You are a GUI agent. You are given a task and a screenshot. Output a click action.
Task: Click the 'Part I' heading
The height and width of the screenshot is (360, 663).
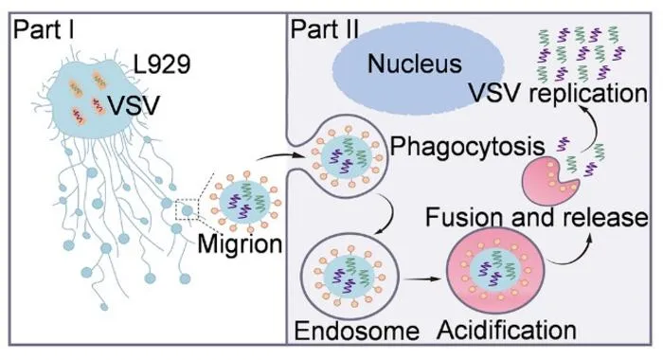(x=44, y=30)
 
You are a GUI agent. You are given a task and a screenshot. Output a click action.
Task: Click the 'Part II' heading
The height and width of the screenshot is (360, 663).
(x=324, y=30)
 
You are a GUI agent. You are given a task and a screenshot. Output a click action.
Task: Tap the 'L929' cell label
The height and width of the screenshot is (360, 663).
(x=162, y=64)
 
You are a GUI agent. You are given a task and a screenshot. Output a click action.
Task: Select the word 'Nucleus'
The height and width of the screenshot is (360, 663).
(x=415, y=63)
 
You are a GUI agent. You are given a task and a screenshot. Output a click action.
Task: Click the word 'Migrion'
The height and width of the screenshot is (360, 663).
(x=240, y=244)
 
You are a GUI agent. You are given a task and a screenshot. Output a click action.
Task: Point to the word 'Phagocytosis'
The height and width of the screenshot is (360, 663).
(x=467, y=147)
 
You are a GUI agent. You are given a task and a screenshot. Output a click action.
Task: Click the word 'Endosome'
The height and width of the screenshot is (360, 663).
(x=356, y=331)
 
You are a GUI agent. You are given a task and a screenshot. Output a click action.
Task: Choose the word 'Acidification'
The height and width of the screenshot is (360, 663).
(x=507, y=330)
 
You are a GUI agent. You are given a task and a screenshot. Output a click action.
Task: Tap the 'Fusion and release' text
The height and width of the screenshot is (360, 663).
(x=536, y=217)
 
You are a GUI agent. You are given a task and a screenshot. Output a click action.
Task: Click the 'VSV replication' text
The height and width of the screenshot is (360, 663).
(x=558, y=93)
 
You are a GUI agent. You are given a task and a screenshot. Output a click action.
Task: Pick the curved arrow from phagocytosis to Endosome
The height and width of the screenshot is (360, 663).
(x=390, y=215)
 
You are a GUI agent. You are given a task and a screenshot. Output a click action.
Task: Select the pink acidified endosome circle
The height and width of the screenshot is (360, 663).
(x=495, y=270)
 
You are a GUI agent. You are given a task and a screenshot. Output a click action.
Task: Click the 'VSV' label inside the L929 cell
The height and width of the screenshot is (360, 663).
(x=134, y=105)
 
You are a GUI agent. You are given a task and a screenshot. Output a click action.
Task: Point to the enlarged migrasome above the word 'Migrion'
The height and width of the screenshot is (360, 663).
(x=246, y=201)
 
